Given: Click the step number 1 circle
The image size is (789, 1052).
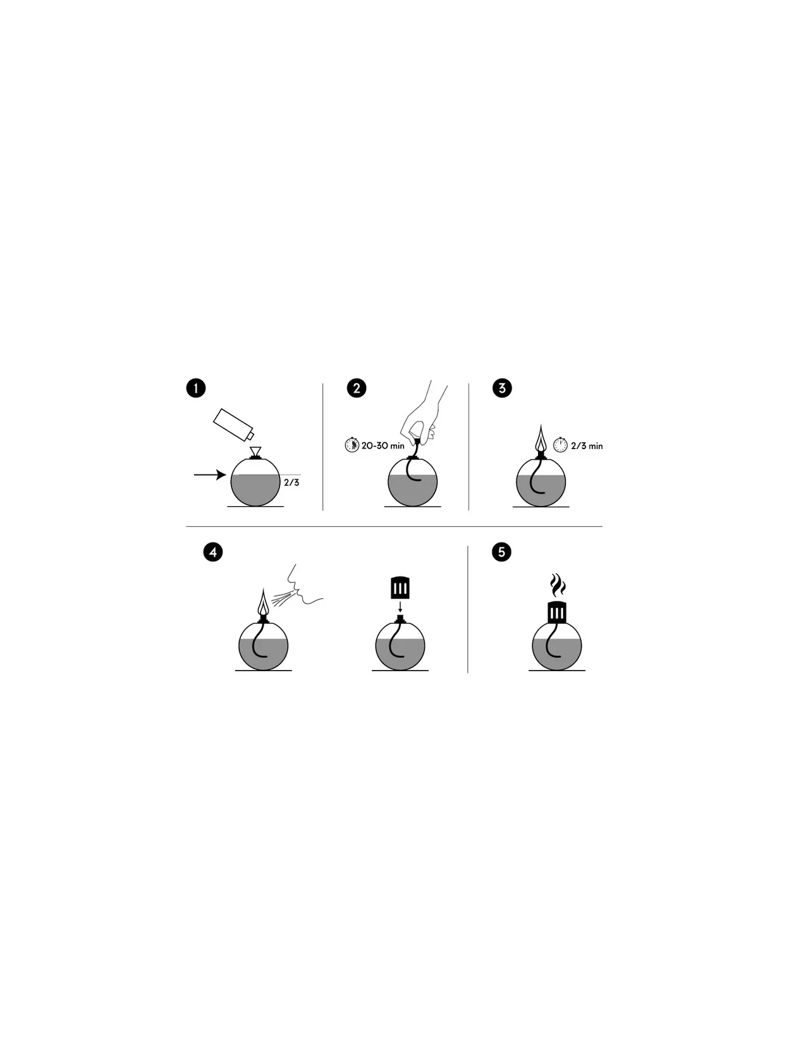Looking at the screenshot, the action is tap(196, 388).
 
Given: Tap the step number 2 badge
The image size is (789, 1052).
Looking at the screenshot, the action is tap(356, 388).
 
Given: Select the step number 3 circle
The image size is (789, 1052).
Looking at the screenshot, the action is tap(502, 388).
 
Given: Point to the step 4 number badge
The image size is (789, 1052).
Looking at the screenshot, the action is tap(213, 552).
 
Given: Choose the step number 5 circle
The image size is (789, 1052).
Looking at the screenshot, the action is tap(502, 552).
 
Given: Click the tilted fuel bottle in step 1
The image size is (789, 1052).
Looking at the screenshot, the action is tap(233, 424).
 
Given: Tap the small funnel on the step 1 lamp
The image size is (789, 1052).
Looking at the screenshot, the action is tap(255, 452).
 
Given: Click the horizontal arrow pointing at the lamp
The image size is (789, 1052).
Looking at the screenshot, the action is tap(210, 474).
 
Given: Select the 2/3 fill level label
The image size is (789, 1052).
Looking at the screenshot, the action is tap(291, 482).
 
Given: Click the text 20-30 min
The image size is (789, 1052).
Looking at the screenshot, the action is tap(383, 446).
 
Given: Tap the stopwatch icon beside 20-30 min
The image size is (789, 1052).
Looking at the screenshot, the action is tap(352, 445).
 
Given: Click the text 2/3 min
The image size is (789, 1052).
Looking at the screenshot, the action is tap(587, 446).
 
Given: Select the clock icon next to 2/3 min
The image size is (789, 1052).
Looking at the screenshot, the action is tap(561, 445).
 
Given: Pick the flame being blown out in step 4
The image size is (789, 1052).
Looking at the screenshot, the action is tap(263, 602).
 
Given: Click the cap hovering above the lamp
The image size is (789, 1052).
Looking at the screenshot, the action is tap(400, 587).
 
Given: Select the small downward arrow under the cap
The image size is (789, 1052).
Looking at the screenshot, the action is tap(400, 606).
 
